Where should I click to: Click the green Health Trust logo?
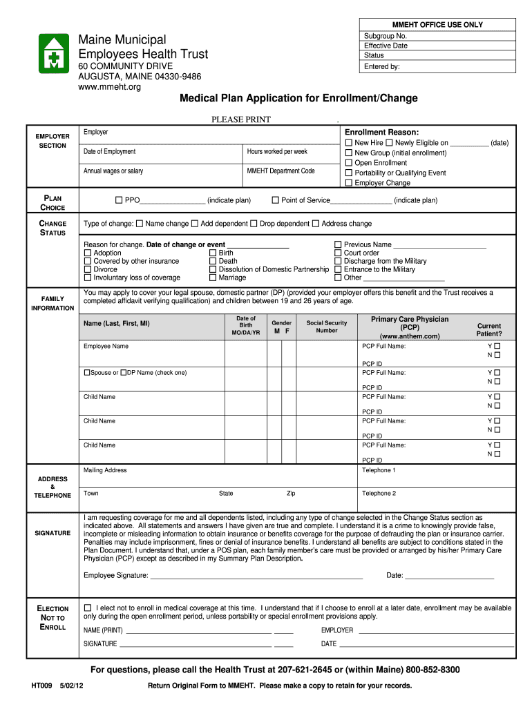[53, 53]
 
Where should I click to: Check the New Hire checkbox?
[349, 143]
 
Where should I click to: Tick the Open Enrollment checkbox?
[349, 163]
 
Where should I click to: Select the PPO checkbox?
[119, 200]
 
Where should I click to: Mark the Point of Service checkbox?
[275, 200]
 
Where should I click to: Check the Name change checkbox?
[140, 224]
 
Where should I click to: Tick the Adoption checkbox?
[87, 253]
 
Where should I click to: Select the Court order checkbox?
[338, 253]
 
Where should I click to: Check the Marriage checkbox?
[212, 278]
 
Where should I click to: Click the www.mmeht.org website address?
[111, 87]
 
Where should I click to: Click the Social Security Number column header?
[327, 327]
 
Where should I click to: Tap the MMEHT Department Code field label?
[281, 171]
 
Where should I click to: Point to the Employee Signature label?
[115, 575]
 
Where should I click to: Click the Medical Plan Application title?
[298, 98]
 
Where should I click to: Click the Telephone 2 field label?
[379, 494]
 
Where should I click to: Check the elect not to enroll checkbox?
[87, 608]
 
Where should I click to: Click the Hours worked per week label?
[277, 151]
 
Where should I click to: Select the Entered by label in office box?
[381, 67]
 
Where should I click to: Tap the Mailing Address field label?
[105, 470]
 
